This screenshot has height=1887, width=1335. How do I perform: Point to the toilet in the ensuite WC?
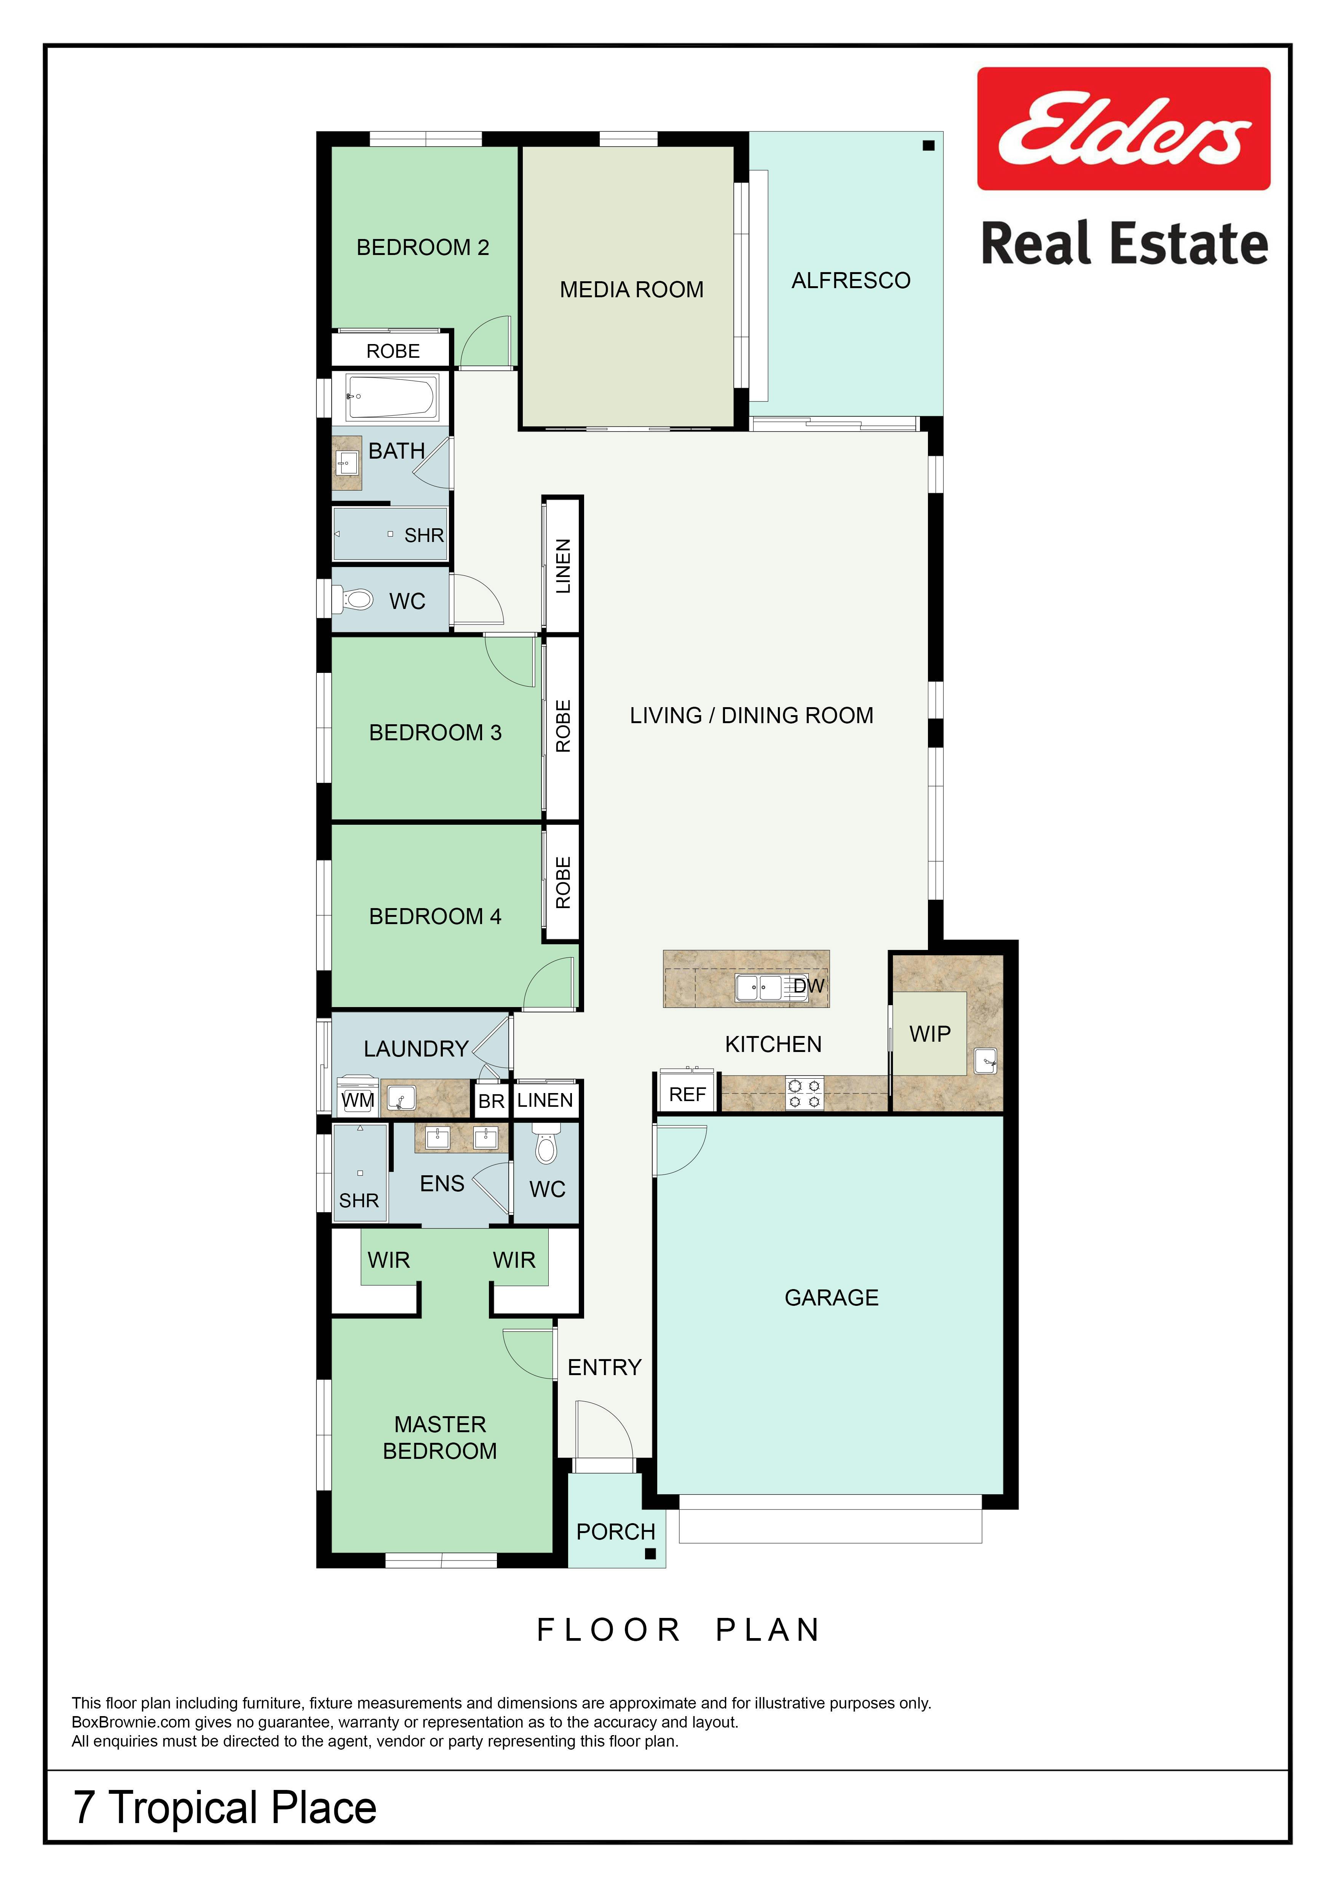[x=546, y=1145]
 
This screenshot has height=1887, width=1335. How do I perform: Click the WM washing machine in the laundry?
[x=358, y=1096]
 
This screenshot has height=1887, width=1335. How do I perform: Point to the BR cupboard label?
[x=491, y=1101]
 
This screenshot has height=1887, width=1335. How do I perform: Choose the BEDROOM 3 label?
[x=435, y=732]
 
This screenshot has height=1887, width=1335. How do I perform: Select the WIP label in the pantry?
[x=930, y=1034]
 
